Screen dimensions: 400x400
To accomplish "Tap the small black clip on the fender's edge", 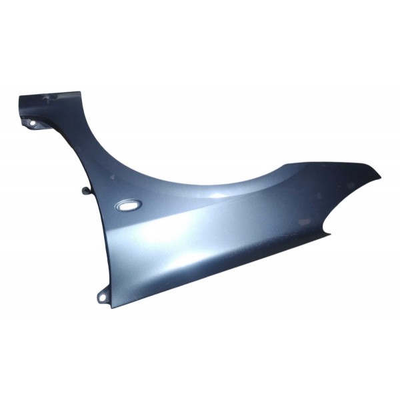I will [x=85, y=191].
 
